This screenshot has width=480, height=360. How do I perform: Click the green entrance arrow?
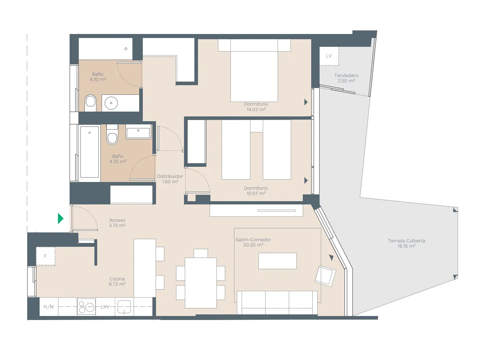[x=60, y=218]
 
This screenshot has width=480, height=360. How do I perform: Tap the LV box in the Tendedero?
[x=329, y=56]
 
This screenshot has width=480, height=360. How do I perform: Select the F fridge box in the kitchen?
[x=46, y=256]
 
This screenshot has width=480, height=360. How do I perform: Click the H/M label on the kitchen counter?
[x=48, y=307]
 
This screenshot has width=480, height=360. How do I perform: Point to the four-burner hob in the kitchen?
[x=86, y=307]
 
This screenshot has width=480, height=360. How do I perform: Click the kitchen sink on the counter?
[x=124, y=307]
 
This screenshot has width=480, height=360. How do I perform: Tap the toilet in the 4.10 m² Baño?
[x=91, y=103]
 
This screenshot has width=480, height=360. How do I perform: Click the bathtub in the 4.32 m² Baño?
[x=89, y=152]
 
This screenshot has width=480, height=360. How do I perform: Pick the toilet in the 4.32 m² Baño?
[x=112, y=136]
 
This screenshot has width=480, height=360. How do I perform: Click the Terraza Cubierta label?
[x=406, y=241]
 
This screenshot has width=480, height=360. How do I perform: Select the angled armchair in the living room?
[x=326, y=276]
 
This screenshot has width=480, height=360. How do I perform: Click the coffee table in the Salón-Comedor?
[x=278, y=261]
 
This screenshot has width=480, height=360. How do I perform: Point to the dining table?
[x=201, y=283]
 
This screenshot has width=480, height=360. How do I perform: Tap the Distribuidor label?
[x=170, y=176]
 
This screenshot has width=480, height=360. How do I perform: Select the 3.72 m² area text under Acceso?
[x=118, y=226]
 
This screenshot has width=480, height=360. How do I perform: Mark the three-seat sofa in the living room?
[x=277, y=302]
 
